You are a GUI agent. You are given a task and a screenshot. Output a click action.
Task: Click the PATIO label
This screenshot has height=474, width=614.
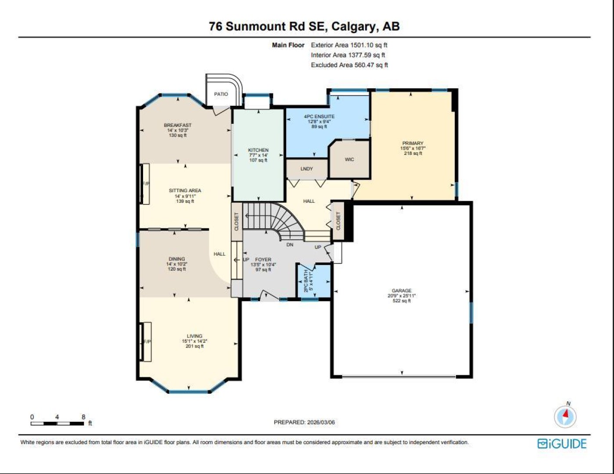pyautogui.click(x=221, y=94)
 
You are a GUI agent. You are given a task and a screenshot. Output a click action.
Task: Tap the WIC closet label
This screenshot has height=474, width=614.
pyautogui.click(x=349, y=160)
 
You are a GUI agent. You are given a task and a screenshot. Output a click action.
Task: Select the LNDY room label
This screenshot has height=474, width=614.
pyautogui.click(x=307, y=169)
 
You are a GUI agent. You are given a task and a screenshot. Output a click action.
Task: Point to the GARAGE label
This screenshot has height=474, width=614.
pyautogui.click(x=402, y=291)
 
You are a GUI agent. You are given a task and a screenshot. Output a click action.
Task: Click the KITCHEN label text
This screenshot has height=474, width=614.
pyautogui.click(x=258, y=150)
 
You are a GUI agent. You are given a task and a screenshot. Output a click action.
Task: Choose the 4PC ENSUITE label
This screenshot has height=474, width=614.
pyautogui.click(x=320, y=116)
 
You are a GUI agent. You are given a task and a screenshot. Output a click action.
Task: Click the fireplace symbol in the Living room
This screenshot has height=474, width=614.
pyautogui.click(x=146, y=341)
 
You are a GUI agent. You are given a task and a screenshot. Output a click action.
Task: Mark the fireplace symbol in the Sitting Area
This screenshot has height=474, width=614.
pyautogui.click(x=145, y=184)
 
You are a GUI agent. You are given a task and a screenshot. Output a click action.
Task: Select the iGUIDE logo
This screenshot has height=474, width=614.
pyautogui.click(x=562, y=443)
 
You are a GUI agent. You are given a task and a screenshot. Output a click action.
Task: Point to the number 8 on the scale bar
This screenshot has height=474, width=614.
pyautogui.click(x=83, y=417)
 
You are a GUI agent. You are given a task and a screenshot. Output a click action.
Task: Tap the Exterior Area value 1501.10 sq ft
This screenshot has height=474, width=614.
pyautogui.click(x=369, y=45)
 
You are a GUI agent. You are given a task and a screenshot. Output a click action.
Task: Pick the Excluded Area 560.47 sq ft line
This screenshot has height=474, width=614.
pyautogui.click(x=349, y=65)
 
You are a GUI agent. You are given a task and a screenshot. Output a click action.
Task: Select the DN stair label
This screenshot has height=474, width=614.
pyautogui.click(x=290, y=244)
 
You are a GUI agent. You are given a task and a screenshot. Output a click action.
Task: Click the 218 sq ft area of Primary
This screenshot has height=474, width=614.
pyautogui.click(x=413, y=153)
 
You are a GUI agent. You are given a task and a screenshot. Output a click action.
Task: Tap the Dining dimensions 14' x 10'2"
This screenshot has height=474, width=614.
pyautogui.click(x=177, y=264)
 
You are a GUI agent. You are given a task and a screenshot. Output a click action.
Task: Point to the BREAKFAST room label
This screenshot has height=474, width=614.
pyautogui.click(x=178, y=125)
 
